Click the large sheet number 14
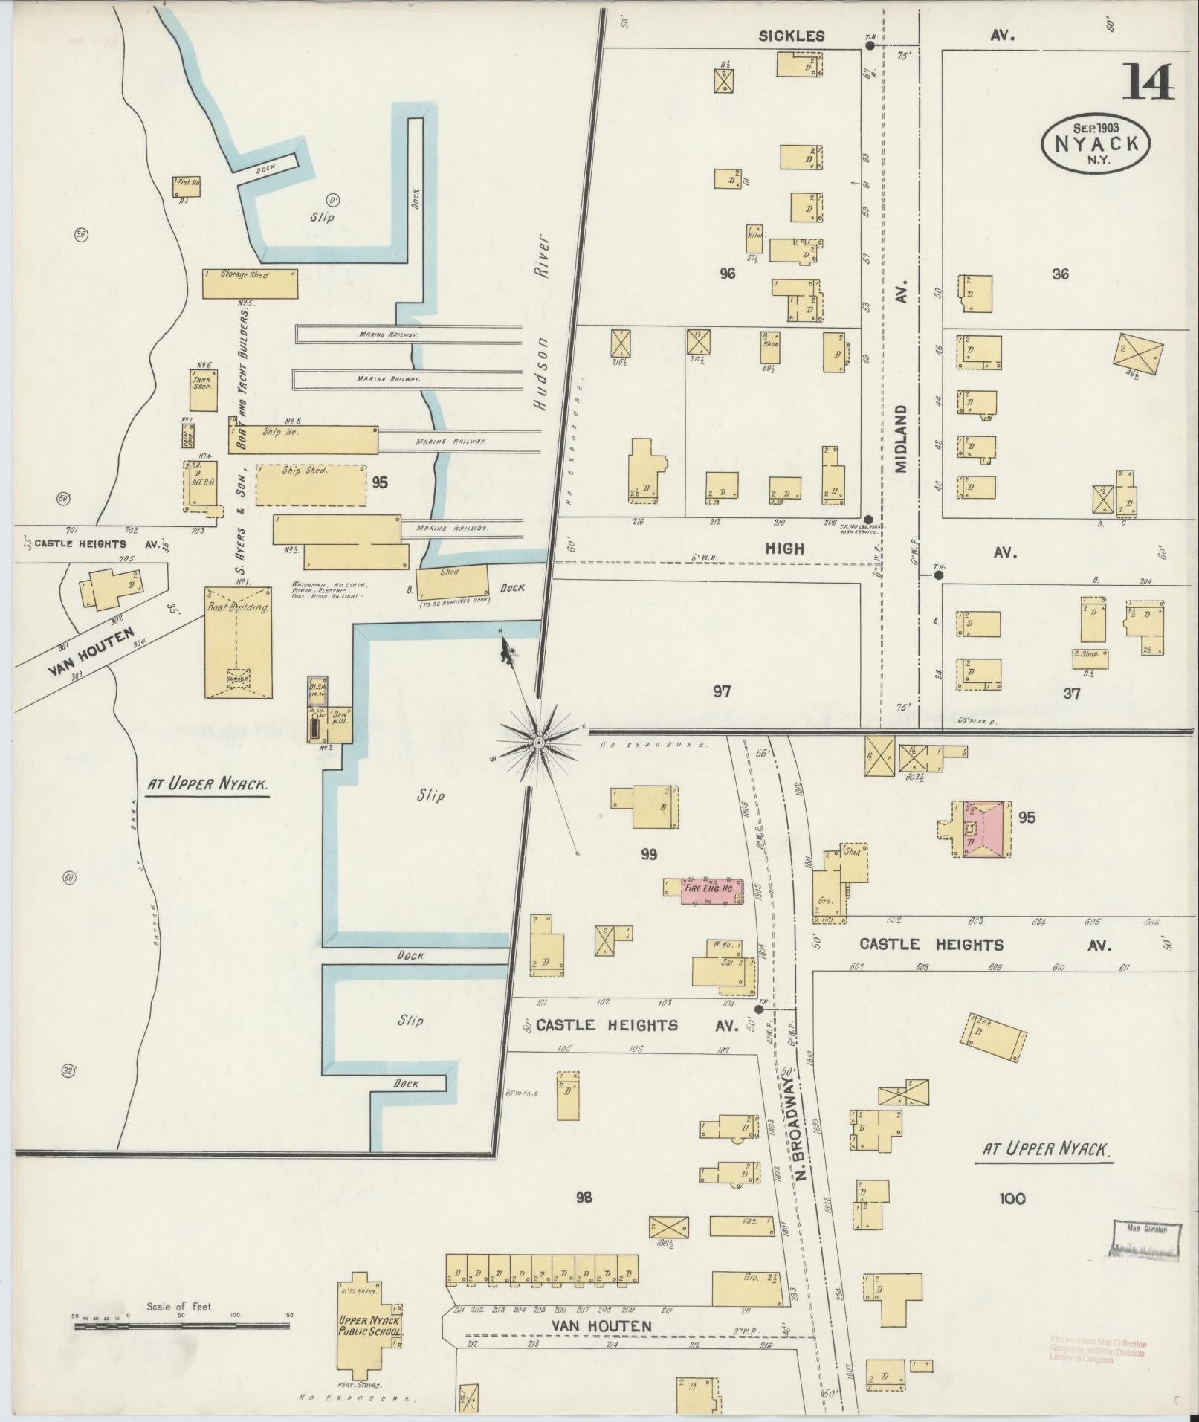click(1148, 83)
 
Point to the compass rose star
click(537, 742)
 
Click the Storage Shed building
click(250, 283)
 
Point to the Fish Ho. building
click(187, 186)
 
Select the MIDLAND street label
click(902, 439)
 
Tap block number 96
click(727, 274)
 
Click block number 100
click(1012, 1198)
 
